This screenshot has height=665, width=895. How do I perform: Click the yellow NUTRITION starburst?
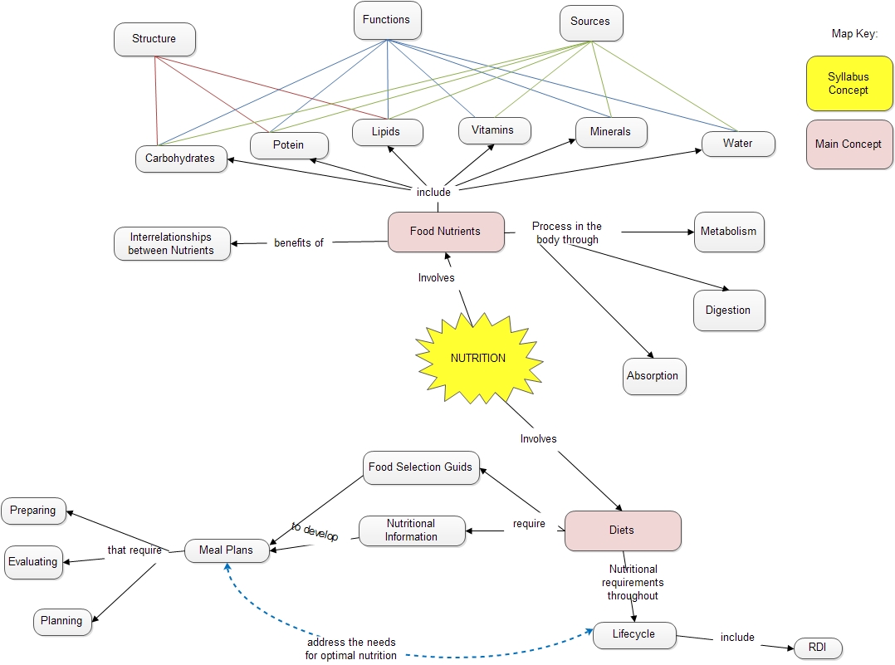coord(478,359)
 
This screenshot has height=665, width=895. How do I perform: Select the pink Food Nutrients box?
coord(446,232)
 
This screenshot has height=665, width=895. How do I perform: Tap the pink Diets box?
coord(622,531)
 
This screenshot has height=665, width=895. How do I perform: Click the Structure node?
coord(154,39)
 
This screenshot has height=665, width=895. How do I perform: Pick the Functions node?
coord(386,20)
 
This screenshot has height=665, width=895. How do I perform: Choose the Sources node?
coord(590,22)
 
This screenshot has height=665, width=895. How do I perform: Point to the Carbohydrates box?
coord(180,159)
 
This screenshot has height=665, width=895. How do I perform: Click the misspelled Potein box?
coord(289,145)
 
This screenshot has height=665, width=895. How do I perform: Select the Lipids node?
coord(386,132)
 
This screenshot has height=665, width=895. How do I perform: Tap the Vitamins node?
coord(493,130)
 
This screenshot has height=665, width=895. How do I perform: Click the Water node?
coord(737,144)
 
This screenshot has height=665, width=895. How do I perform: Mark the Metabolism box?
coord(728,232)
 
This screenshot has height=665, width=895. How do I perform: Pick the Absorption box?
coord(653,376)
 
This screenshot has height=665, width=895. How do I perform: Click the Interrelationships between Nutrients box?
coord(171,244)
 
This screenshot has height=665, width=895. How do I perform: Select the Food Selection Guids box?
coord(421,467)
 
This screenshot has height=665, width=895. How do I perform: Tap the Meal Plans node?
coord(227,550)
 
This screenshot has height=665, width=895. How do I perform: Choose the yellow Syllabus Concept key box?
coord(848,84)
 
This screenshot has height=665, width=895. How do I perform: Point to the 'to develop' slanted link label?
coord(315,532)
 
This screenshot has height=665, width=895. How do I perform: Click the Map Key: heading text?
coord(854,34)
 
